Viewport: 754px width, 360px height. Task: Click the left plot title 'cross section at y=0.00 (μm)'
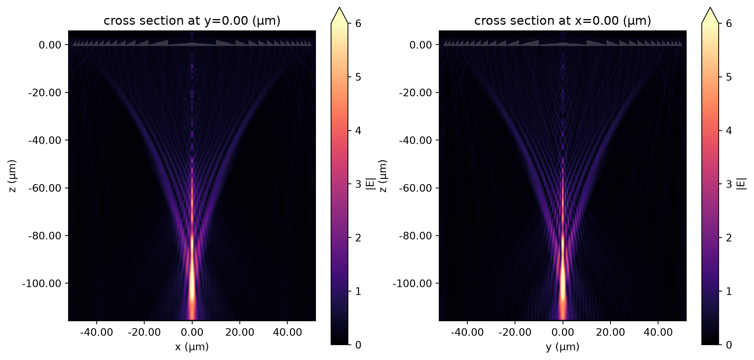pyautogui.click(x=192, y=21)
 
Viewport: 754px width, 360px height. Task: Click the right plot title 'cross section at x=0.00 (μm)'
pyautogui.click(x=563, y=21)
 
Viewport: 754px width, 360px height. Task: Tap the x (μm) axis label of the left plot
pyautogui.click(x=192, y=347)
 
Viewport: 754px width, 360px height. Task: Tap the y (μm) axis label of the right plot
pyautogui.click(x=563, y=347)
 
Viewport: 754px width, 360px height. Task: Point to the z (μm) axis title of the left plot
pyautogui.click(x=13, y=176)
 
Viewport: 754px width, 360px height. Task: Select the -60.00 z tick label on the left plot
pyautogui.click(x=45, y=188)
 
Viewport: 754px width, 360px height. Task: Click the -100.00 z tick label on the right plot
pyautogui.click(x=412, y=284)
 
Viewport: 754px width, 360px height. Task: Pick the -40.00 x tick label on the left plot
pyautogui.click(x=97, y=332)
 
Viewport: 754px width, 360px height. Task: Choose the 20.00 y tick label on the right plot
pyautogui.click(x=611, y=332)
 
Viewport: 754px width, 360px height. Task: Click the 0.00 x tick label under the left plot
pyautogui.click(x=192, y=332)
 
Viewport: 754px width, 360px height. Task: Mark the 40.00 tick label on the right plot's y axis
pyautogui.click(x=658, y=332)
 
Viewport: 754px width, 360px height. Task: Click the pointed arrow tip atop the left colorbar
pyautogui.click(x=340, y=8)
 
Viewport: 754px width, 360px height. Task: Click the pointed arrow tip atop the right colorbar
pyautogui.click(x=710, y=8)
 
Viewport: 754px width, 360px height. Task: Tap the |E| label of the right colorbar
pyautogui.click(x=741, y=184)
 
